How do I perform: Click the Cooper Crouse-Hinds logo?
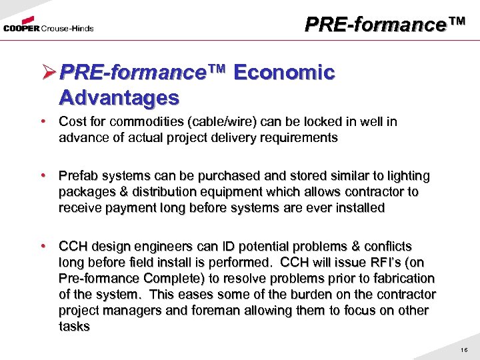click(x=48, y=27)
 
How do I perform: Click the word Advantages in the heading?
click(x=119, y=98)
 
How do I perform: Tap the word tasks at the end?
click(x=74, y=326)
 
